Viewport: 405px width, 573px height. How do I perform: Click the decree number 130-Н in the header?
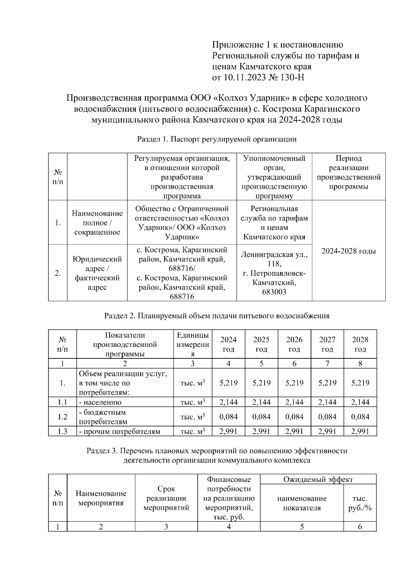[292, 78]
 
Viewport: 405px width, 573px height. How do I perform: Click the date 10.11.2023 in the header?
[244, 78]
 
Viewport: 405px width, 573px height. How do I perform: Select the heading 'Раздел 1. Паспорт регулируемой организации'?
[217, 139]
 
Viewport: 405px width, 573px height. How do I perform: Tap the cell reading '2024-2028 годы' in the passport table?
[348, 251]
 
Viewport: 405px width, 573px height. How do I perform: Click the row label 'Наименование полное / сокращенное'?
[97, 223]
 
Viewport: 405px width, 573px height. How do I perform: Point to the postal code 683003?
[274, 292]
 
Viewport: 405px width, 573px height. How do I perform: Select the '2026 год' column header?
[294, 344]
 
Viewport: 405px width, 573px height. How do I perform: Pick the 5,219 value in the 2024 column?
[228, 383]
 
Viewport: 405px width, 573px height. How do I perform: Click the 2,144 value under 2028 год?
[360, 402]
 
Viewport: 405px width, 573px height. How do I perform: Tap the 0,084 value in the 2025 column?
[261, 417]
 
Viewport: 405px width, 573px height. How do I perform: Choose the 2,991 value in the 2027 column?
[327, 431]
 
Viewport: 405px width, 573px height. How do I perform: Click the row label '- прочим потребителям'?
[119, 431]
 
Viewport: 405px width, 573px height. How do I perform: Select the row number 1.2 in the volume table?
[62, 417]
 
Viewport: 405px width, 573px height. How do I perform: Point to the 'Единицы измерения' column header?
[193, 344]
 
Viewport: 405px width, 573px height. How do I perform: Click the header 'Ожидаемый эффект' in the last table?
[318, 479]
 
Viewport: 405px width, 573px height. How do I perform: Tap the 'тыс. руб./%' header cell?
[360, 503]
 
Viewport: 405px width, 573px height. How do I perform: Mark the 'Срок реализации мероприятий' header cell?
[166, 498]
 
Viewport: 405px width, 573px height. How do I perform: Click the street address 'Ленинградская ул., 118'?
[274, 259]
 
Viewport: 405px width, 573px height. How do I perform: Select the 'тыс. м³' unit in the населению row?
[193, 402]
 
